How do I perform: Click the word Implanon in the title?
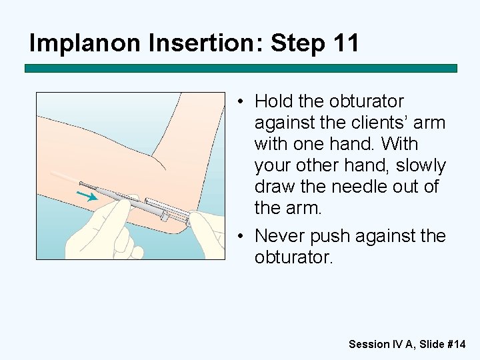coord(85,43)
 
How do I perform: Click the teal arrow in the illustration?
coord(87,196)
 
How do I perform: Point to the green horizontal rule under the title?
coord(241,68)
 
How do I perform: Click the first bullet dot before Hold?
coord(241,101)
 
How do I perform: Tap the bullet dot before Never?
coord(241,236)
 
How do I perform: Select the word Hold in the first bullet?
coord(274,101)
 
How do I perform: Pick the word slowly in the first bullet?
coord(421,166)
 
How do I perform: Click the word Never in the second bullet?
coord(280,236)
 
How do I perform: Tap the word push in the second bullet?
coord(330,237)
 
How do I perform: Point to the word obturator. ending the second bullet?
coord(293,257)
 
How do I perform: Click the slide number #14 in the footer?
coord(457,344)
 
